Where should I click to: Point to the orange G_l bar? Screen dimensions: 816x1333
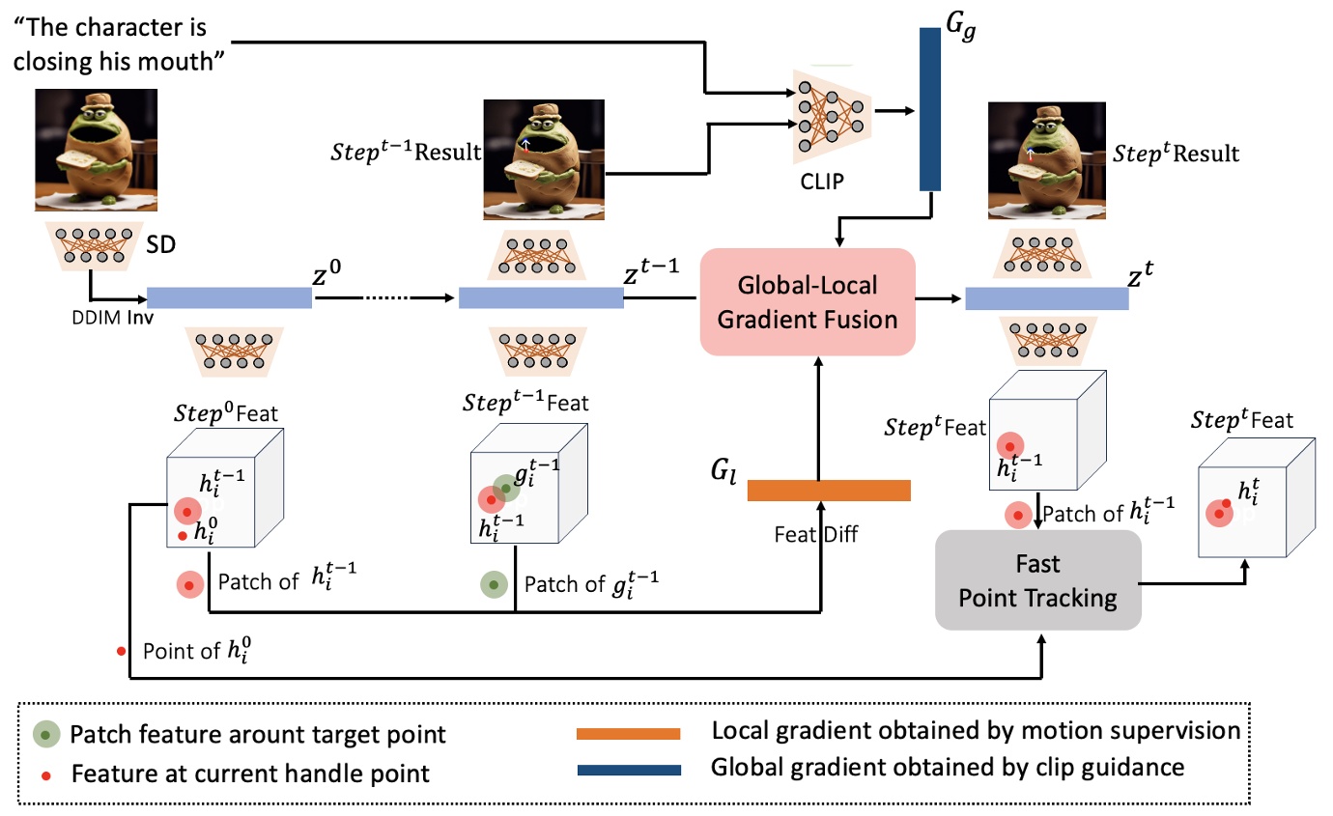pos(830,491)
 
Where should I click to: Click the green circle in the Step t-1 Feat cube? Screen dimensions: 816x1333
pos(505,489)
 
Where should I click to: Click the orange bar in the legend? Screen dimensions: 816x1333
pos(629,735)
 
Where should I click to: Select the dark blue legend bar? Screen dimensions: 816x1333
pos(629,770)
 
